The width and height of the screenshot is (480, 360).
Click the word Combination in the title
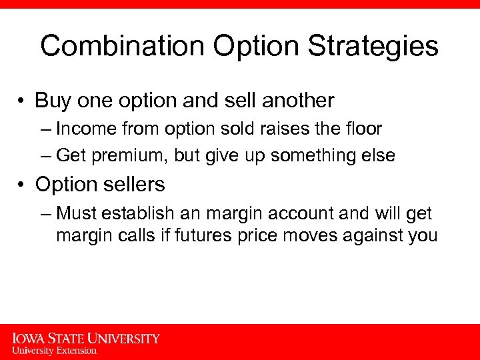coord(122,47)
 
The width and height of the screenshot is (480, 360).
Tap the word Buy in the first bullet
coord(51,101)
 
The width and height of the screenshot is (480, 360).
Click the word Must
coord(76,213)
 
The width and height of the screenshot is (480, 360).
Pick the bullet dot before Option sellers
coord(23,184)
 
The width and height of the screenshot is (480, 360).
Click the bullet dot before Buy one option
coord(23,101)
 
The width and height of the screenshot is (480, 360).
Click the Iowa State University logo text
coord(86,338)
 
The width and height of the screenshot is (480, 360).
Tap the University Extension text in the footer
coord(54,350)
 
